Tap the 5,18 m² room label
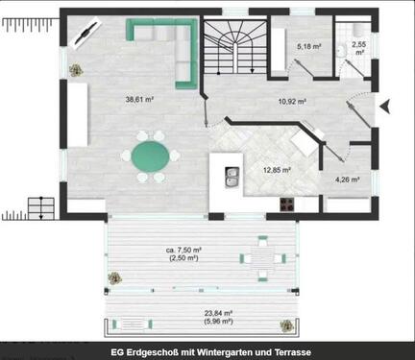coord(308,46)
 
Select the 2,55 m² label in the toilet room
coord(358,48)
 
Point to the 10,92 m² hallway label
coord(292,101)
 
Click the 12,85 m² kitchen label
coord(278,170)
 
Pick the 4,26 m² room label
coord(347,179)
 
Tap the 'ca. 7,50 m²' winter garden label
coord(183,252)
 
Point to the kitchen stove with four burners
coord(285,203)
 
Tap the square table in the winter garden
coord(263,256)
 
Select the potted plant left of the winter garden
coord(113,279)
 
